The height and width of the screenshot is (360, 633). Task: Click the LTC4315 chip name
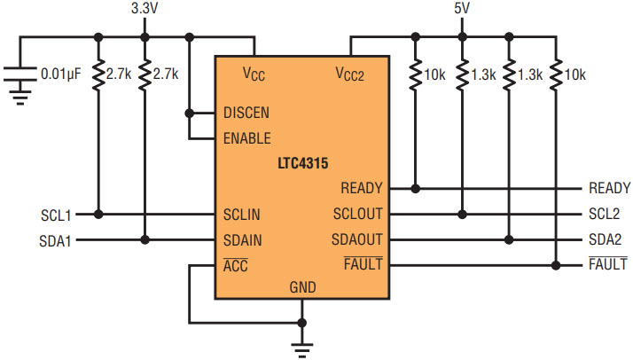(303, 163)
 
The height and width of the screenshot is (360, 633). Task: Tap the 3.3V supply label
(145, 8)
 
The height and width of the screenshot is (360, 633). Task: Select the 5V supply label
(462, 8)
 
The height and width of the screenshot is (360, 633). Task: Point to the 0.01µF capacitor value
(61, 74)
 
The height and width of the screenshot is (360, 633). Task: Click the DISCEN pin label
(246, 113)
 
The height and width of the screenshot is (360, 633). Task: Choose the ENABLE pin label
(247, 138)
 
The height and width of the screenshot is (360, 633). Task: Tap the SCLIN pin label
(241, 215)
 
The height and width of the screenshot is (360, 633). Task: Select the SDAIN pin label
(243, 240)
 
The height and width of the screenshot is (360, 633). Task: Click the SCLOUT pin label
(357, 214)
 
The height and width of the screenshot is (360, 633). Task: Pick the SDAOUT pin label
(357, 239)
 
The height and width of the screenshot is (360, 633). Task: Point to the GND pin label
(303, 287)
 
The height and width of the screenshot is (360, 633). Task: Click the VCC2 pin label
(349, 74)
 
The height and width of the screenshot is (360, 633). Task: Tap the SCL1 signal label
(56, 215)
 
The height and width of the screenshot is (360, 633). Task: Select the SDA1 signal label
(55, 241)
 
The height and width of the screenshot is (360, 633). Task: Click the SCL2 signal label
(604, 214)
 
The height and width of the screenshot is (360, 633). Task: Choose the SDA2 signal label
(605, 239)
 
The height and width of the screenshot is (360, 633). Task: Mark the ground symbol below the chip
(302, 349)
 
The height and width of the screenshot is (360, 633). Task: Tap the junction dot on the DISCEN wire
(190, 113)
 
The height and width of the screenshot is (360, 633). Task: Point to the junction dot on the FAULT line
(556, 265)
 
